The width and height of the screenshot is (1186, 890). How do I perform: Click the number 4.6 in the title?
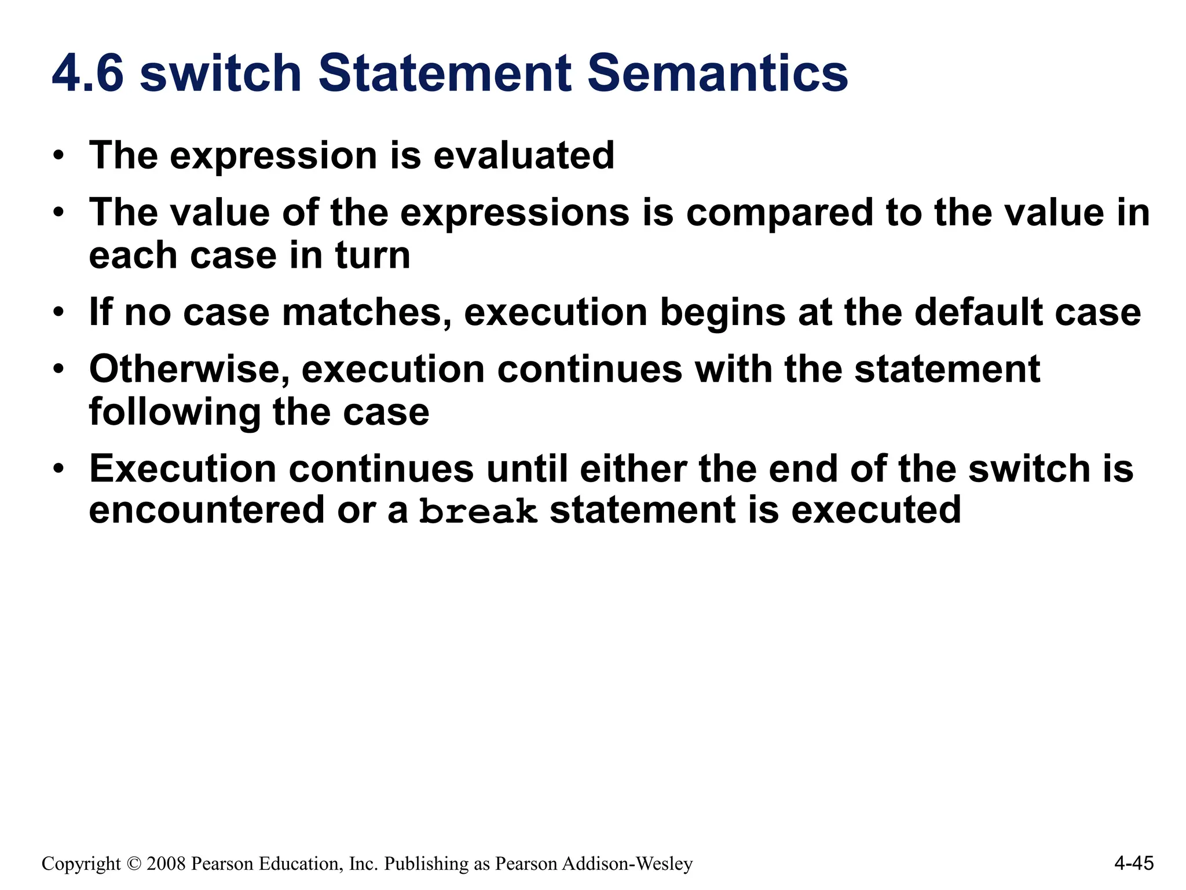click(x=88, y=74)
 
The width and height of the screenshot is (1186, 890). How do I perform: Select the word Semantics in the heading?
click(x=718, y=74)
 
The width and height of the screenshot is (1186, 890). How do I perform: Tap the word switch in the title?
click(x=221, y=74)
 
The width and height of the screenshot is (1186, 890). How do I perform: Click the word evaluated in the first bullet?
click(x=524, y=156)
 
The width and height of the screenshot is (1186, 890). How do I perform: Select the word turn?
click(x=372, y=256)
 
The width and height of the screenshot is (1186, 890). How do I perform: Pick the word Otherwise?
click(x=189, y=369)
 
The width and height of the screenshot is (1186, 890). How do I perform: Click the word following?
click(x=174, y=413)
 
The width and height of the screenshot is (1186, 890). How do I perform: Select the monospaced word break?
click(x=478, y=512)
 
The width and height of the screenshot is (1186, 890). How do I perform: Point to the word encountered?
click(x=207, y=510)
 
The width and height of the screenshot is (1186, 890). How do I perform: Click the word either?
click(x=633, y=468)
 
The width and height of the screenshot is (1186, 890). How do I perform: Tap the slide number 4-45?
click(x=1134, y=863)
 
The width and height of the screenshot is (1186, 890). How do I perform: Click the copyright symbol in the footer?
click(x=133, y=864)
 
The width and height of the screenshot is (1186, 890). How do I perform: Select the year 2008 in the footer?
click(x=166, y=864)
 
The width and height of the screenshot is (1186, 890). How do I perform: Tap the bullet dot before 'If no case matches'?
click(x=58, y=313)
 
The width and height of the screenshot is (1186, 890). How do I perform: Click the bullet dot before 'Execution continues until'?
click(x=58, y=469)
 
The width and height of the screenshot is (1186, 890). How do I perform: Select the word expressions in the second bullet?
click(x=515, y=213)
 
